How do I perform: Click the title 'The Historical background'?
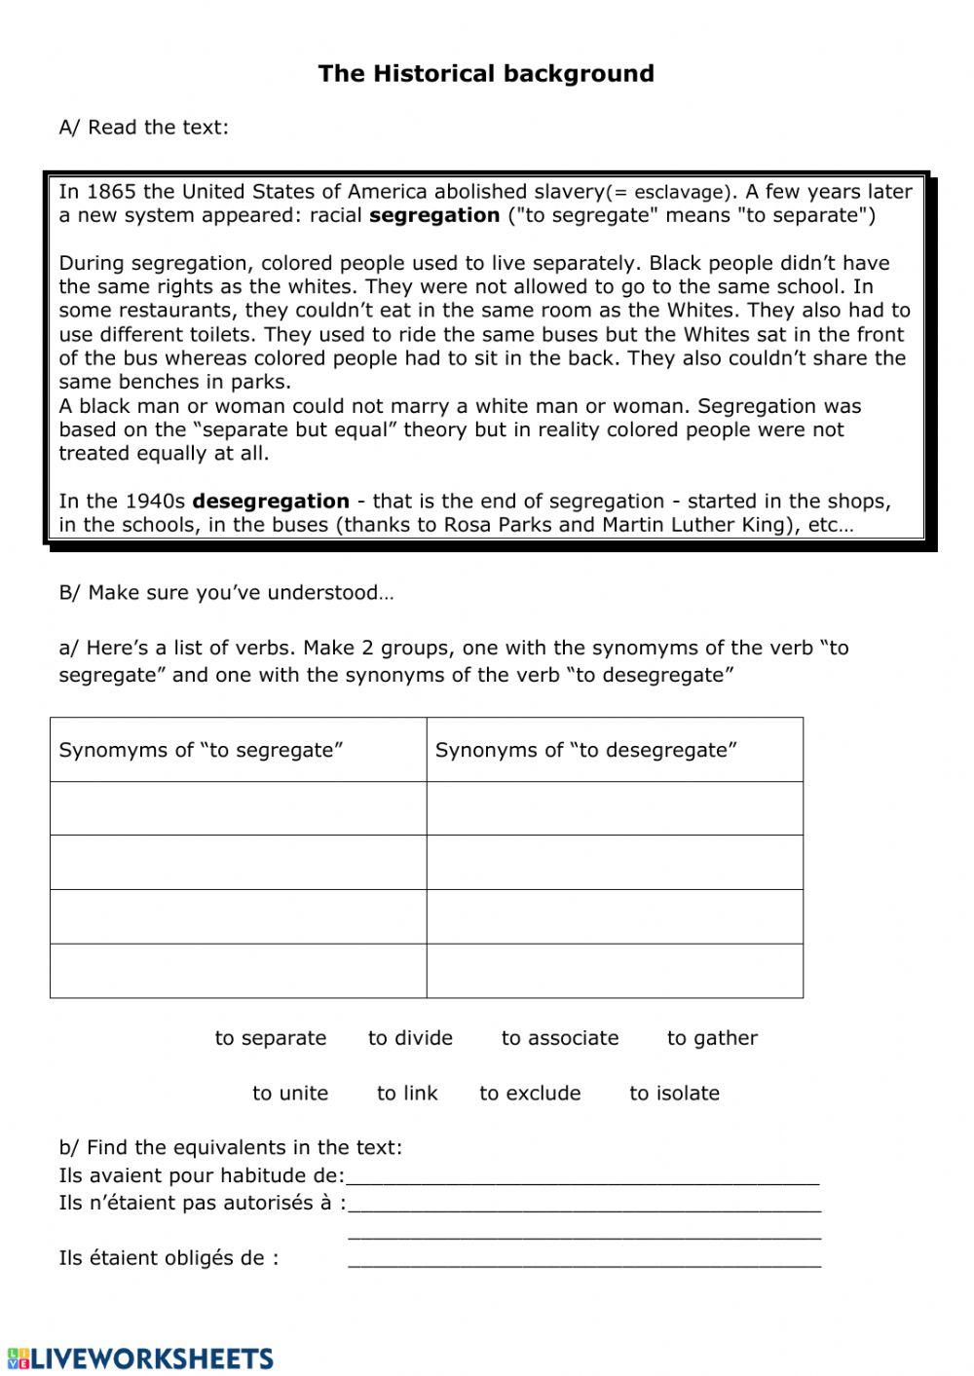486,74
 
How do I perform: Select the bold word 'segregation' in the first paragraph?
434,215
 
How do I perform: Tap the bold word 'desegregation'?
271,502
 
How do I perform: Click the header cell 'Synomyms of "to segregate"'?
202,750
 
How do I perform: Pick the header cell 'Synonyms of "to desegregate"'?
585,750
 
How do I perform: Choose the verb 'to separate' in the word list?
271,1038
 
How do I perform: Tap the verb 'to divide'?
410,1038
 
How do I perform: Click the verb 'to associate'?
560,1038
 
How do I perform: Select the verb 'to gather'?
712,1038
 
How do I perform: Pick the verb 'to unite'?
290,1093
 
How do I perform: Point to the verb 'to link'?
407,1093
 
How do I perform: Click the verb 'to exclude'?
530,1093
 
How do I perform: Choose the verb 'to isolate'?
674,1093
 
